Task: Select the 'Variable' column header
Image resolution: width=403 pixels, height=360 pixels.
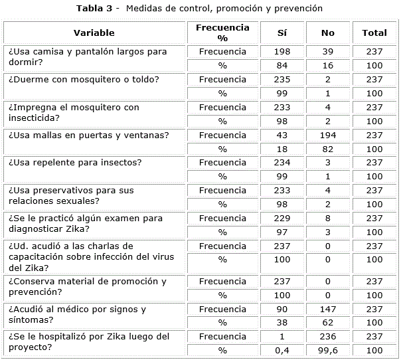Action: click(94, 33)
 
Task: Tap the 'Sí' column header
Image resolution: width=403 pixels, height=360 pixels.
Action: click(282, 33)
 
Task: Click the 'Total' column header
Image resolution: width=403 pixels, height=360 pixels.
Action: click(374, 33)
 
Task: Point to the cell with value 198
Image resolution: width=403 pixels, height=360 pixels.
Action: click(282, 52)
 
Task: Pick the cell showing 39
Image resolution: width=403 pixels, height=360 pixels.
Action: click(327, 52)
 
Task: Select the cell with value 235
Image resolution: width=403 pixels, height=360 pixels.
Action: click(282, 80)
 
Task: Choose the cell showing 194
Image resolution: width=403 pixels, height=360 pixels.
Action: click(327, 135)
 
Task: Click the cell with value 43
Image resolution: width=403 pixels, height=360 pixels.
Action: click(282, 135)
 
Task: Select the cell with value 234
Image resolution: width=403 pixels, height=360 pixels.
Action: click(282, 163)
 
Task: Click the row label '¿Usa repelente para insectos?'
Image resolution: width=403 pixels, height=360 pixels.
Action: click(74, 163)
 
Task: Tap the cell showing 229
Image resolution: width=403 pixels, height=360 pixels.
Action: click(282, 219)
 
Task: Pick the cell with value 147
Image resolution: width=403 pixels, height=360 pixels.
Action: click(327, 309)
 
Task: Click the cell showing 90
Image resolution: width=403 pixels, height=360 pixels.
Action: click(282, 309)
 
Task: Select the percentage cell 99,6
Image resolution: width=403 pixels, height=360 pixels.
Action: click(327, 351)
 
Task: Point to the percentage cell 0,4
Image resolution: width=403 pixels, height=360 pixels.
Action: click(282, 351)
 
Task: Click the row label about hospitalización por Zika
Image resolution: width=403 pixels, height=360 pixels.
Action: click(87, 343)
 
